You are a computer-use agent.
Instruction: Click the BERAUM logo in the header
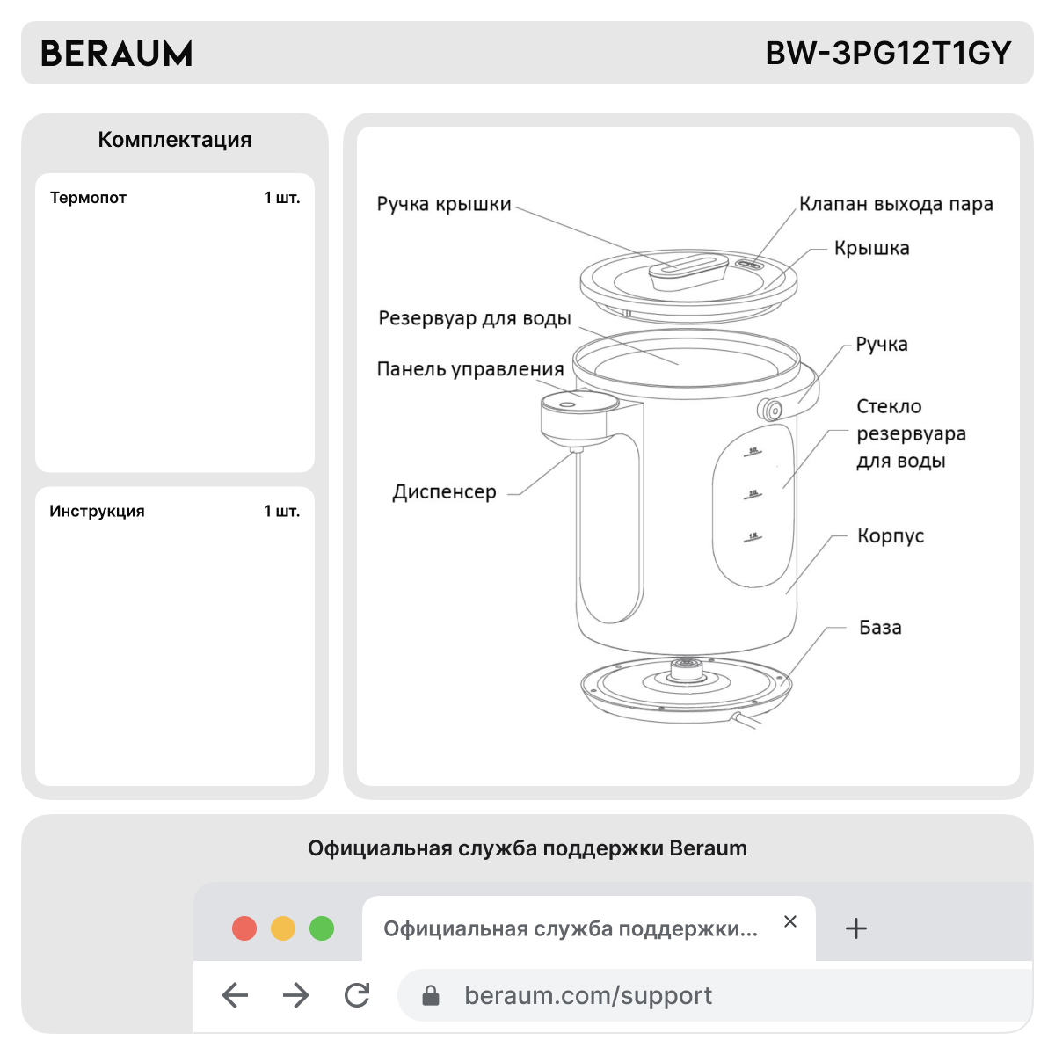(116, 54)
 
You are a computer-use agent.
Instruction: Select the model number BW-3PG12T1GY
(888, 54)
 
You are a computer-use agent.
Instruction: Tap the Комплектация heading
(174, 140)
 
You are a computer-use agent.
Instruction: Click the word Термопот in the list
(88, 198)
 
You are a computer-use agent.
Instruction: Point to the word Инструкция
(97, 511)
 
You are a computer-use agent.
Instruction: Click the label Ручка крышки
(444, 204)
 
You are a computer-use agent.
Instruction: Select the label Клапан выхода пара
(896, 204)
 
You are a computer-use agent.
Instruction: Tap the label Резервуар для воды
(475, 318)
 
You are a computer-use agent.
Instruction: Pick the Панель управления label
(470, 369)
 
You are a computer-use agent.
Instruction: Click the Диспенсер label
(444, 492)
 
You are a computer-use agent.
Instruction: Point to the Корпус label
(891, 536)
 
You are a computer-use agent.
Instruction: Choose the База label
(880, 628)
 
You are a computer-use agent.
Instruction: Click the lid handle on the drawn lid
(688, 271)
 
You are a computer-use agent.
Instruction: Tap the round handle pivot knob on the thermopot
(772, 410)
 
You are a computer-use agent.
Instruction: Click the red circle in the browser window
(244, 928)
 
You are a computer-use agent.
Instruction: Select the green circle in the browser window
(322, 928)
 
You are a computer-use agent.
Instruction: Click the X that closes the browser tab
(790, 921)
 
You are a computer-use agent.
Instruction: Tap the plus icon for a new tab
(855, 928)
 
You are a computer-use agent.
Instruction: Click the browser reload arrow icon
(357, 995)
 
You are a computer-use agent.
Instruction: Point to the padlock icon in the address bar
(431, 995)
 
